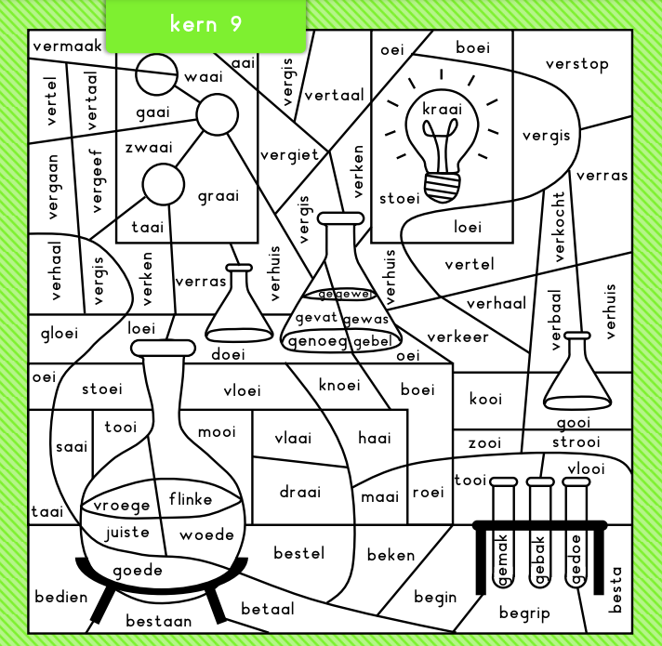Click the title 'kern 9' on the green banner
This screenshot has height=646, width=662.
tap(205, 24)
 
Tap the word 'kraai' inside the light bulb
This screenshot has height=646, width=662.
tap(442, 110)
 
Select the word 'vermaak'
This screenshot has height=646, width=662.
tap(66, 46)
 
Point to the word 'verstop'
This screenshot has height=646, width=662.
tap(576, 64)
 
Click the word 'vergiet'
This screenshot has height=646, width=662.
tap(289, 154)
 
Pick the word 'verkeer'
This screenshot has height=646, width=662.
tap(457, 336)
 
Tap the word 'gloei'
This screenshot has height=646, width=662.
tap(60, 332)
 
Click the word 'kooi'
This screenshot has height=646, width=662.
tap(485, 399)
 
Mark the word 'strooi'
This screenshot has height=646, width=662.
tap(576, 442)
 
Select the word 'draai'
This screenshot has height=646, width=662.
tap(300, 492)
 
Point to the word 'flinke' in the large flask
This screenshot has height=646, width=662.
tap(191, 499)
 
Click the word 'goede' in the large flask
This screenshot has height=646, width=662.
tap(138, 570)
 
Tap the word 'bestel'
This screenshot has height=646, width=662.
tap(299, 553)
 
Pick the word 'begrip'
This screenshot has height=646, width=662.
tap(524, 613)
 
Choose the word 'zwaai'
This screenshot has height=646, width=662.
tap(149, 147)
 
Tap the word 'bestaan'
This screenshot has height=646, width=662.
tap(159, 620)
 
